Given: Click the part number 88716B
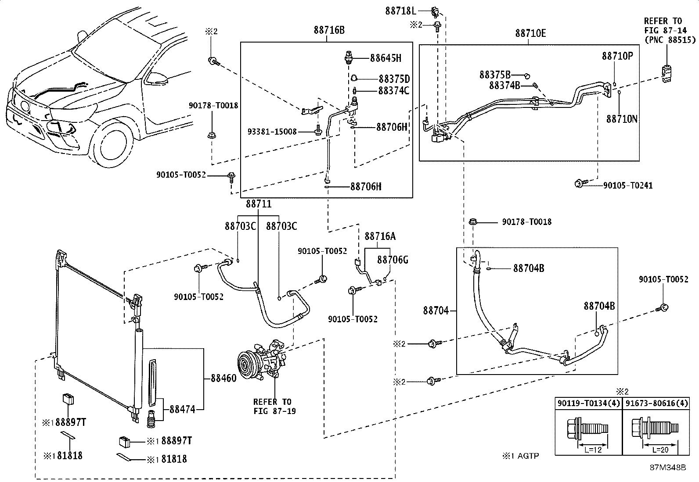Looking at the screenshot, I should click(x=329, y=30).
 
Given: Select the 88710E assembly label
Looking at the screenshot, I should click(x=530, y=33).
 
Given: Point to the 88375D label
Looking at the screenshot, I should click(x=394, y=79).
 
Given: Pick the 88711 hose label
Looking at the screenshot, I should click(x=258, y=204).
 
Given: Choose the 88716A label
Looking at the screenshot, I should click(x=380, y=236).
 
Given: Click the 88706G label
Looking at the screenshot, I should click(x=393, y=260).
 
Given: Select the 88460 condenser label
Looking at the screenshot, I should click(x=223, y=378).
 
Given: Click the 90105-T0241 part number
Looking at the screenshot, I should click(x=627, y=186).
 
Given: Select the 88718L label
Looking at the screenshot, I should click(x=400, y=11).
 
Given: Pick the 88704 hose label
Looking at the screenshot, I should click(x=436, y=311).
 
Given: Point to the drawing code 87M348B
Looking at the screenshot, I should click(x=668, y=468).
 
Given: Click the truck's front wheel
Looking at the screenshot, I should click(x=115, y=148).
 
